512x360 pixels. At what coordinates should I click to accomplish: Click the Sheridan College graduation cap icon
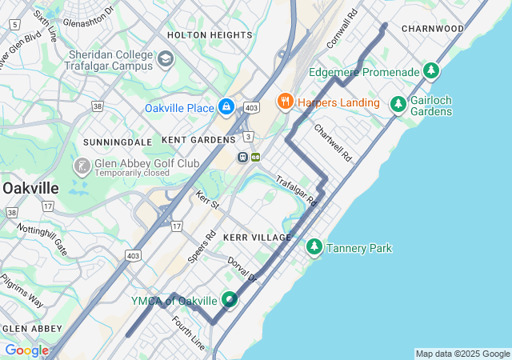[x=166, y=59]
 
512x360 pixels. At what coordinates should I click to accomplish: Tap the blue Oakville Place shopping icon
[x=226, y=106]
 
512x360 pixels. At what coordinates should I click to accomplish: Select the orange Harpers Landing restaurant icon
[x=284, y=102]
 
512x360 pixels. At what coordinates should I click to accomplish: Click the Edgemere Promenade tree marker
[x=432, y=72]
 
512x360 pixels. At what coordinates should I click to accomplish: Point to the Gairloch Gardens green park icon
[x=398, y=104]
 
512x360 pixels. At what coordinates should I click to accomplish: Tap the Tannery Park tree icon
[x=314, y=248]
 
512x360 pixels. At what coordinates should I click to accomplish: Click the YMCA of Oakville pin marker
[x=230, y=300]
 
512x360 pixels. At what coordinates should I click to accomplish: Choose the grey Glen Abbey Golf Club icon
[x=82, y=166]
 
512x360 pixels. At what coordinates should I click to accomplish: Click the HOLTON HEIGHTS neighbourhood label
[x=210, y=35]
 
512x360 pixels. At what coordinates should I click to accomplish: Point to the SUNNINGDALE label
[x=118, y=142]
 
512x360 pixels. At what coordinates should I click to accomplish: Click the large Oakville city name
[x=30, y=187]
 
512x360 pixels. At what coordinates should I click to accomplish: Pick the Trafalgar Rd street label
[x=297, y=192]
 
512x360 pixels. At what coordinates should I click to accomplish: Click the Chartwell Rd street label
[x=333, y=142]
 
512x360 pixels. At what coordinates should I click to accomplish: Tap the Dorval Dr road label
[x=242, y=270]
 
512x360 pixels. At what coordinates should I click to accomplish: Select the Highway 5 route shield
[x=14, y=25]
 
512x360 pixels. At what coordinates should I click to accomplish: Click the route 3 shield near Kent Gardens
[x=249, y=136]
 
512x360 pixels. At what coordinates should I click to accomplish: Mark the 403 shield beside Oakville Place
[x=251, y=107]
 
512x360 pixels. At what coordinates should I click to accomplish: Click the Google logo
[x=26, y=350]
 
